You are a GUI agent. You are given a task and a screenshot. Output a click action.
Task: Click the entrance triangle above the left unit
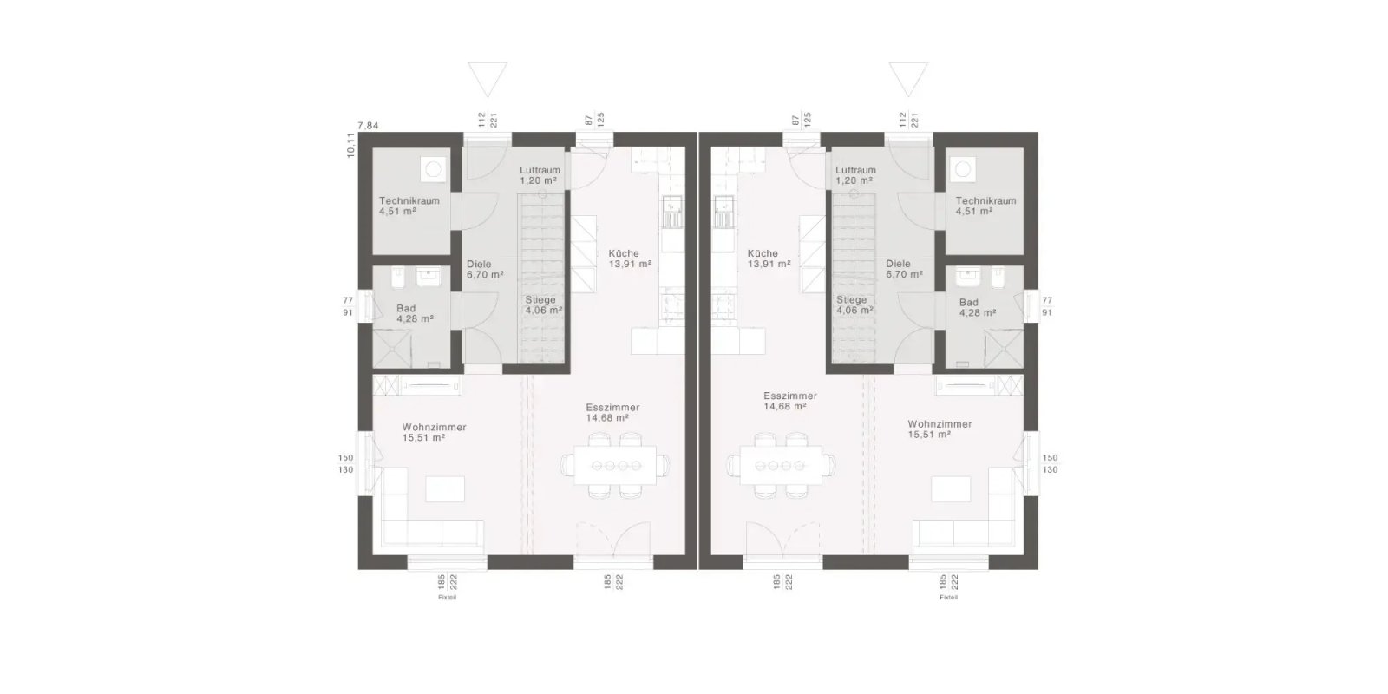pos(486,78)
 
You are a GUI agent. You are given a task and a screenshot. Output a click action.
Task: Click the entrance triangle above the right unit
pos(908,78)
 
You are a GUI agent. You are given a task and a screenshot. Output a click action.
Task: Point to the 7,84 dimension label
pos(368,126)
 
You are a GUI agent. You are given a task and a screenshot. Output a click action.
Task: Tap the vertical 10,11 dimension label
pos(350,145)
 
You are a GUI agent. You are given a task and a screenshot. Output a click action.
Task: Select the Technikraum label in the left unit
pos(409,200)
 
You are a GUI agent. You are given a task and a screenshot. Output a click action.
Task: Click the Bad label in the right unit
pos(968,303)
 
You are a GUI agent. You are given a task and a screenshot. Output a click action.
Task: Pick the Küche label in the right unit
pos(763,253)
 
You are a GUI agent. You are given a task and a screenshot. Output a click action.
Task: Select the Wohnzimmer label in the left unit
pos(434,427)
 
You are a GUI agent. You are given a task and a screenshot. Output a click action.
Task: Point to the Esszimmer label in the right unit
pos(790,396)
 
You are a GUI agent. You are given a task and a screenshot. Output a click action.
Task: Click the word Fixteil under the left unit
pos(447,598)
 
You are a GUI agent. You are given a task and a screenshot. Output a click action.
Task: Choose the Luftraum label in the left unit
pos(540,170)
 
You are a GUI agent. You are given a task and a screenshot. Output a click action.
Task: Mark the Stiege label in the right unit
pos(852,299)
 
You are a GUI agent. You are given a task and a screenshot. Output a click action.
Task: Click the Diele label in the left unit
pos(479,264)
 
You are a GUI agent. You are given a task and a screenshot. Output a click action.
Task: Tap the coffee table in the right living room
pos(951,488)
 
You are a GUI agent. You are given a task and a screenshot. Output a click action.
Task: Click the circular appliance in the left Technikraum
pos(431,168)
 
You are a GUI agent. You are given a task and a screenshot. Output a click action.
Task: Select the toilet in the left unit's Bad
pos(396,280)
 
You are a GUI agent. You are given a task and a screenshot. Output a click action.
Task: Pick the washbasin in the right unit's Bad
pos(968,278)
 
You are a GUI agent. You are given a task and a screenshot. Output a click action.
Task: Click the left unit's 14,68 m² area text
pos(607,417)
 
